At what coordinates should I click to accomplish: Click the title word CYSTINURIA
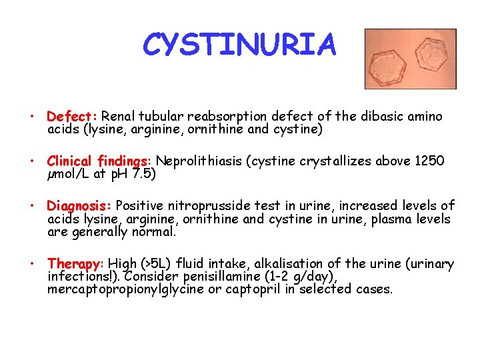[x=240, y=45]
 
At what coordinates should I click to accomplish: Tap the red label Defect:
[x=73, y=117]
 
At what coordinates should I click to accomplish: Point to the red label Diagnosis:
[x=80, y=206]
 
